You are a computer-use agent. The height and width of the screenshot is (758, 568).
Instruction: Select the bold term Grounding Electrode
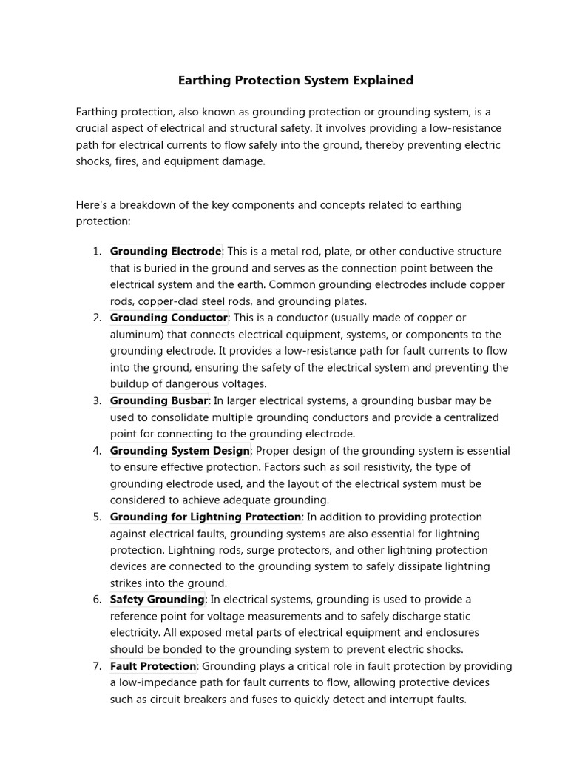point(166,252)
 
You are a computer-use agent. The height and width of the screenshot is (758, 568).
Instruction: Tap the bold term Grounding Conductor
point(169,318)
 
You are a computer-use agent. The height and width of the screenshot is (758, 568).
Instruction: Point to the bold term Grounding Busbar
point(159,400)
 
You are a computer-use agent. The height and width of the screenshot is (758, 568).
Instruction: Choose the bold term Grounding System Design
point(180,451)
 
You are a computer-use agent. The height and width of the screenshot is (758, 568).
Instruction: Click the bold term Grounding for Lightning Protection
point(206,517)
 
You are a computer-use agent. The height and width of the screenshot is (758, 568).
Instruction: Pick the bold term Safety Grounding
point(157,600)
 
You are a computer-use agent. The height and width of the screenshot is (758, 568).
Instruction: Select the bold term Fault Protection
point(153,666)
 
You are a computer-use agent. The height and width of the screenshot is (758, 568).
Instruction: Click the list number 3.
point(97,400)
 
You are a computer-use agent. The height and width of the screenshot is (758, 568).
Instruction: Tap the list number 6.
point(97,600)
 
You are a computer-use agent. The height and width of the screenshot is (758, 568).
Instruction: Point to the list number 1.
point(97,252)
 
